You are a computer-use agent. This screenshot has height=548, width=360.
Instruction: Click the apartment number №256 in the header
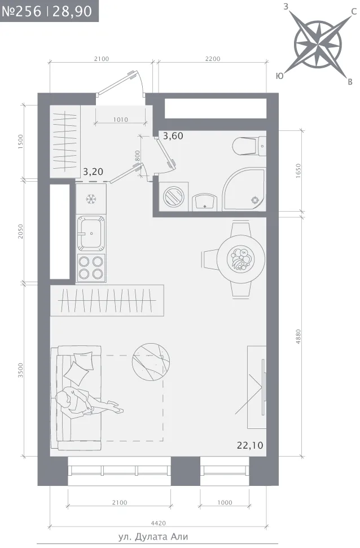coord(21,11)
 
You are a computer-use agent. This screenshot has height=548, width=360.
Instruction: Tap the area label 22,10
coord(250,445)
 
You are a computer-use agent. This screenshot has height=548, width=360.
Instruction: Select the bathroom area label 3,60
coord(173,135)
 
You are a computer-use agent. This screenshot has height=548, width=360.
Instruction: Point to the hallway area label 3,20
coord(93,172)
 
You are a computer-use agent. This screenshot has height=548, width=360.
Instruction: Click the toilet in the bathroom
coord(249,146)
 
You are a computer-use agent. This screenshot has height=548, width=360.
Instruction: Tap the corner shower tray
coord(245,189)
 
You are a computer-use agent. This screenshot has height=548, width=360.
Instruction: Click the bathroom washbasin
coord(204,203)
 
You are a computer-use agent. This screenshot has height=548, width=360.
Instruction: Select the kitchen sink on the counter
coord(90,233)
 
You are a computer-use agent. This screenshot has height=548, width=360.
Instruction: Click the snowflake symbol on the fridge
coord(91,199)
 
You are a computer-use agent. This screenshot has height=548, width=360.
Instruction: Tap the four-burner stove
coord(91,268)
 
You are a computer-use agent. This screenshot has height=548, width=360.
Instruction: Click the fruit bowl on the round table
coord(240,259)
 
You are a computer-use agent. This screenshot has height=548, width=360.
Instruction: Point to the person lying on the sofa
coord(86,402)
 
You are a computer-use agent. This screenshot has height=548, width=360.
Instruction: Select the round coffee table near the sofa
coord(151,362)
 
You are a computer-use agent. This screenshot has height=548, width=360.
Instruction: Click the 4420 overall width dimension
coord(158,523)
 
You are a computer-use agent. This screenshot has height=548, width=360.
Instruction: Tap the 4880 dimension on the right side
coord(298,336)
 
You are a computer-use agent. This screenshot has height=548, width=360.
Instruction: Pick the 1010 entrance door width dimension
coord(121,120)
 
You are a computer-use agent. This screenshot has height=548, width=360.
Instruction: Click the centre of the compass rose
coord(317,45)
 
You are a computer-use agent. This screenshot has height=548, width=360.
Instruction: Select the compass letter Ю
coord(280,76)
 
